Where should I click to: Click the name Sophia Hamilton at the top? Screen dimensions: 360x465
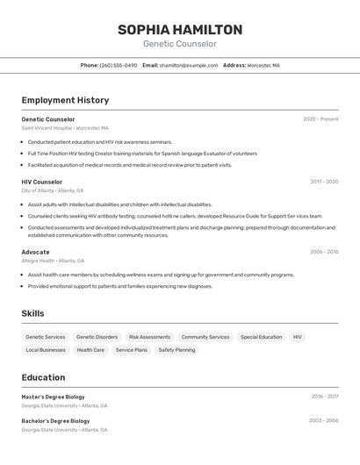click(180, 30)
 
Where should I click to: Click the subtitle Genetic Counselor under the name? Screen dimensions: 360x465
click(180, 44)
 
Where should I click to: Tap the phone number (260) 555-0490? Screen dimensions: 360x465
click(118, 65)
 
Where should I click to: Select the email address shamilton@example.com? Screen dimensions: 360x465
click(189, 65)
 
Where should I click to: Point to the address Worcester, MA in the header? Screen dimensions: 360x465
click(263, 65)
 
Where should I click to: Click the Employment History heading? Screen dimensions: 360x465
click(65, 100)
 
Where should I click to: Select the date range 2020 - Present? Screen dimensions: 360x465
click(320, 119)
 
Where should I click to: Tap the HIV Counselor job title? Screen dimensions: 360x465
click(42, 182)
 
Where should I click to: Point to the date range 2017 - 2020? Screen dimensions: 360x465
click(324, 182)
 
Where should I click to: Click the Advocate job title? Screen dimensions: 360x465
click(36, 252)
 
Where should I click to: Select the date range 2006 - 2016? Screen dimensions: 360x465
click(324, 252)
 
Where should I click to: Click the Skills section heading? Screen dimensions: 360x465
click(32, 313)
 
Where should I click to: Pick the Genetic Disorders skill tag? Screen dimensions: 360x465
click(97, 337)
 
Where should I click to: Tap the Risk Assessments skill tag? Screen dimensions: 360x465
click(149, 337)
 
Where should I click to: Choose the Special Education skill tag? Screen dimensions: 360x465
click(261, 337)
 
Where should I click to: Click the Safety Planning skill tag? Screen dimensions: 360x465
click(176, 350)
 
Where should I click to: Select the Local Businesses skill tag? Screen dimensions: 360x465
click(46, 350)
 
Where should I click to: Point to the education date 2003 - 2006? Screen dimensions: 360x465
click(324, 421)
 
